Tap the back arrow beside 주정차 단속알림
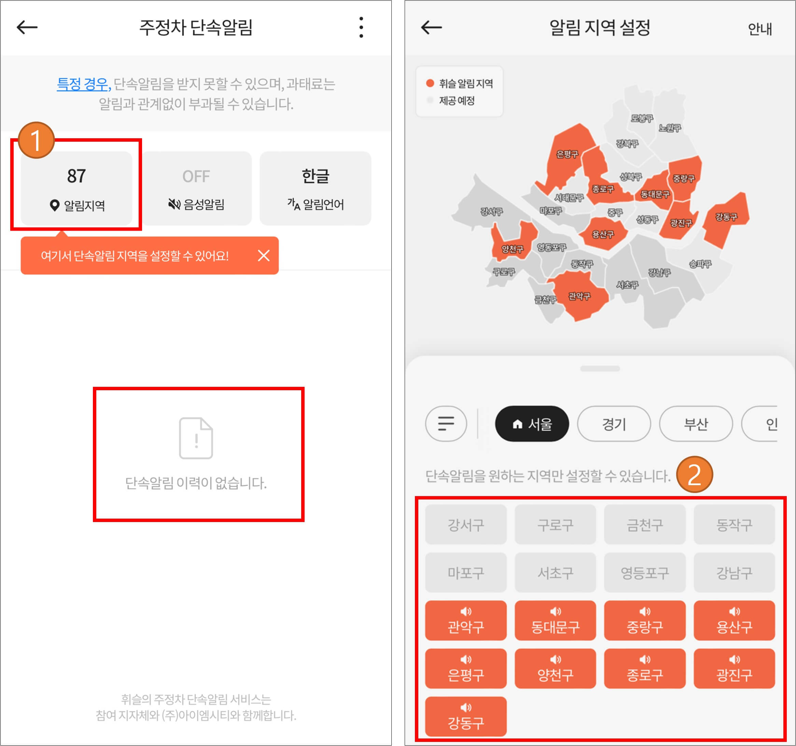27,27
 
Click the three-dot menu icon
361,27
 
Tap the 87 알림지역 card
76,188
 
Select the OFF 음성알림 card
196,188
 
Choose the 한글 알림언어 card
315,188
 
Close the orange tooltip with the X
264,255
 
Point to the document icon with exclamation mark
196,438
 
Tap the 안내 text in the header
759,29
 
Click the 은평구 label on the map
567,154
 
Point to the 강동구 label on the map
726,217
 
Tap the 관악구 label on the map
579,296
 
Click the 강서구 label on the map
491,211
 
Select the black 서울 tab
532,424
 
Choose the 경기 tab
614,424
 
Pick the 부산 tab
696,424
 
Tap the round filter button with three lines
446,424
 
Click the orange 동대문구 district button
555,620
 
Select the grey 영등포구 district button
645,572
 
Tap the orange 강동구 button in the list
466,716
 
